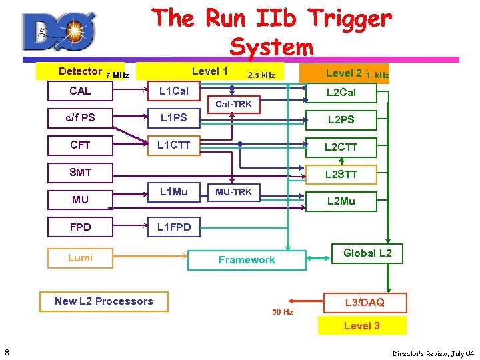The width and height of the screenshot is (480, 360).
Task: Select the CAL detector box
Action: tap(80, 91)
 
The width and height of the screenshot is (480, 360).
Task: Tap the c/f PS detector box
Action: tap(80, 118)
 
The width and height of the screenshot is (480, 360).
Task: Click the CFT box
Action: tap(80, 145)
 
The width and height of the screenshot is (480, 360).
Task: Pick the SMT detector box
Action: tap(80, 172)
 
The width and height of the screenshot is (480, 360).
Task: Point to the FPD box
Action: tap(80, 227)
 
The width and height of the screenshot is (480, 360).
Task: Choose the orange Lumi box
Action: tap(80, 258)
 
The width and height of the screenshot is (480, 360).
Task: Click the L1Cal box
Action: tap(173, 91)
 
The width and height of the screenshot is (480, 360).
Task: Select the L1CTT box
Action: tap(173, 145)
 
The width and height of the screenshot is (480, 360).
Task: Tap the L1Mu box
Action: tap(173, 193)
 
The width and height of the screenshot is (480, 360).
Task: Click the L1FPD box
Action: tap(173, 227)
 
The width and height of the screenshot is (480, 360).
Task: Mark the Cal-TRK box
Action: tap(233, 104)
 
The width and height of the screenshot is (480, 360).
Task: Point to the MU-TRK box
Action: tap(233, 193)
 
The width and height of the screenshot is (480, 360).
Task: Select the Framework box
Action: tap(247, 260)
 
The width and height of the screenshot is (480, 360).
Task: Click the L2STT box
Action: tap(341, 175)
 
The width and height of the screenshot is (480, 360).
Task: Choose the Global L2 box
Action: tap(367, 253)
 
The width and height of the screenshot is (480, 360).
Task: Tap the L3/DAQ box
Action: tap(364, 303)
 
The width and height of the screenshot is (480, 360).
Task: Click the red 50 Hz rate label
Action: tap(283, 312)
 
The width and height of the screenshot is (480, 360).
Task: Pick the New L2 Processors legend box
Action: tap(104, 301)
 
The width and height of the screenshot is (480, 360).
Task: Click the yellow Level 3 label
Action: tap(362, 325)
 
